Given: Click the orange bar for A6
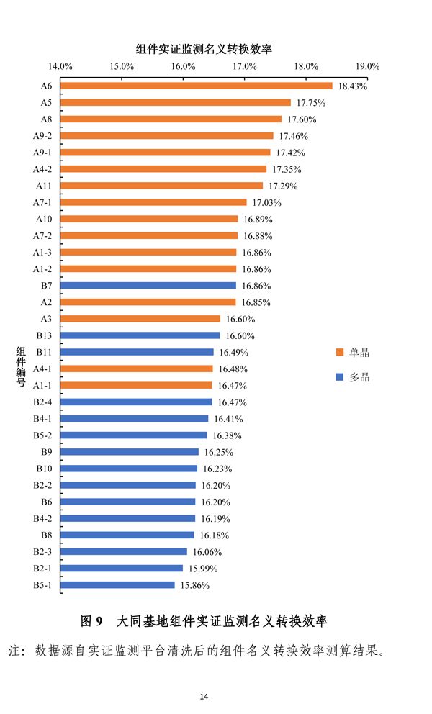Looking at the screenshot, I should click(196, 86).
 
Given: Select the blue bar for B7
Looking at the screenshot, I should click(148, 286).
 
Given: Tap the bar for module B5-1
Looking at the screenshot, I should click(117, 585).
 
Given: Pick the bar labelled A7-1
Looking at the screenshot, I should click(153, 202).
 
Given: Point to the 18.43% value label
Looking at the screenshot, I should click(353, 86).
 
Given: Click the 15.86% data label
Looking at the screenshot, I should click(194, 586).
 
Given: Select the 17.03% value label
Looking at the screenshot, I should click(266, 203).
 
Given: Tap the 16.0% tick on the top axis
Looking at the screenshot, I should click(184, 66).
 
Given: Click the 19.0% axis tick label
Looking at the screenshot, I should click(367, 66).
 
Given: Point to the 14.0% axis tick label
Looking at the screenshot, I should click(60, 66).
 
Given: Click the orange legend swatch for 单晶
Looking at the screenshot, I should click(339, 353).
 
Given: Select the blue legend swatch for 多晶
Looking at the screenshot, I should click(339, 377).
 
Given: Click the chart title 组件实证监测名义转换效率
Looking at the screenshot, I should click(214, 49).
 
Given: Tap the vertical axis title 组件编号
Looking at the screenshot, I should click(22, 368).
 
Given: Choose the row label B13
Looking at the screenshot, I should click(43, 335).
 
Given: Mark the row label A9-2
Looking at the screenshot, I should click(42, 136).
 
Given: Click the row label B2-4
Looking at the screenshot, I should click(42, 402).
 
